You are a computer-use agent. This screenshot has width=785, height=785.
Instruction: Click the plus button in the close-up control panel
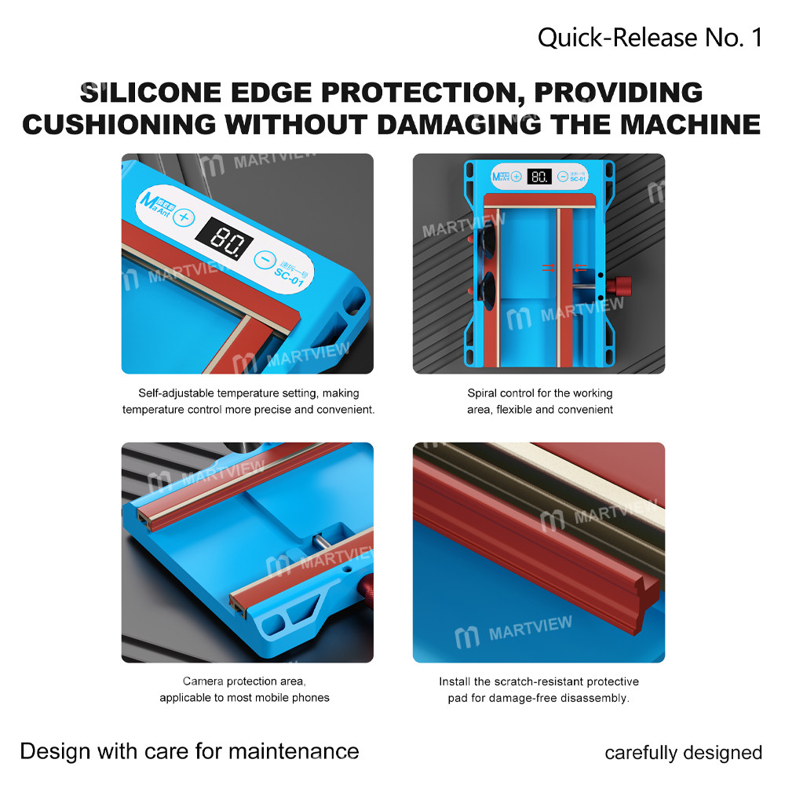tap(183, 217)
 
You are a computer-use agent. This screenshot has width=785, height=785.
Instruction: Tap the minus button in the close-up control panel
tap(265, 258)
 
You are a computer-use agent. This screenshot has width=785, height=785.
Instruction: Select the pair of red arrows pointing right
tap(549, 268)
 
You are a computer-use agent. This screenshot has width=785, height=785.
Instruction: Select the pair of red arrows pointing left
tap(579, 268)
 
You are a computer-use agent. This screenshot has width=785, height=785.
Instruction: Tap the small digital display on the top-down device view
tap(539, 177)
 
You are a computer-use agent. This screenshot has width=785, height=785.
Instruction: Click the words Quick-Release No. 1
tap(649, 37)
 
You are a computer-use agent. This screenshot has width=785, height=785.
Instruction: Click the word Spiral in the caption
tap(483, 393)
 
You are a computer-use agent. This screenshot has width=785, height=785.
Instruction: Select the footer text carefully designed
tap(683, 753)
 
